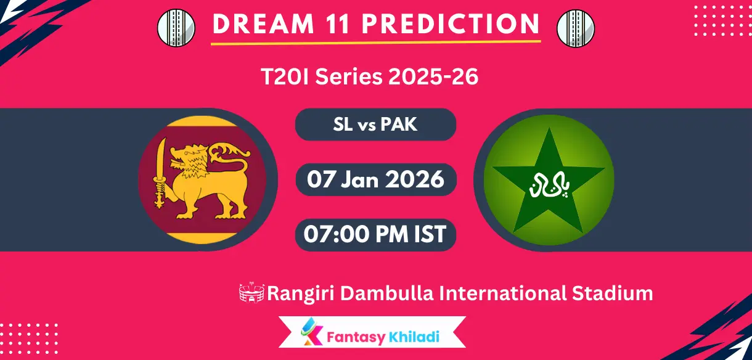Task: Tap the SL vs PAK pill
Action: click(x=375, y=125)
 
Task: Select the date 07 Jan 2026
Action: click(x=375, y=179)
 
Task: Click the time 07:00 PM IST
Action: click(x=375, y=234)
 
